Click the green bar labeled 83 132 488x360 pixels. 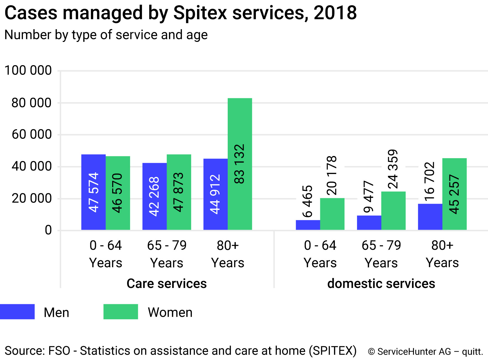point(240,164)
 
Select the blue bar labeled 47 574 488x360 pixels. point(93,192)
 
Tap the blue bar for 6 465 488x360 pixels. point(308,225)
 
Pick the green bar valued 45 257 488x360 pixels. point(454,194)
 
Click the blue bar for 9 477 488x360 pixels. point(369,223)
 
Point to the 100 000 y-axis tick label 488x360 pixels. point(28,70)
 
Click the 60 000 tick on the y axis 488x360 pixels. point(32,134)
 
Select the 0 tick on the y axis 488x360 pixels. point(48,230)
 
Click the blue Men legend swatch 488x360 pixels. point(17,312)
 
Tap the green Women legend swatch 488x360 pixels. point(120,312)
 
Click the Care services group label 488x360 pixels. point(167,284)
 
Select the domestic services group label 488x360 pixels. point(381,284)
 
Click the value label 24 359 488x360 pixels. point(393,169)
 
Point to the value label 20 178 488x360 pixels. point(332,175)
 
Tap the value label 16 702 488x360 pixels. point(430,181)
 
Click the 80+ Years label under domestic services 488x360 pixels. point(442,254)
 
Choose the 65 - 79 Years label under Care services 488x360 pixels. point(167,254)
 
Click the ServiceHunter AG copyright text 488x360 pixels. point(426,351)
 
